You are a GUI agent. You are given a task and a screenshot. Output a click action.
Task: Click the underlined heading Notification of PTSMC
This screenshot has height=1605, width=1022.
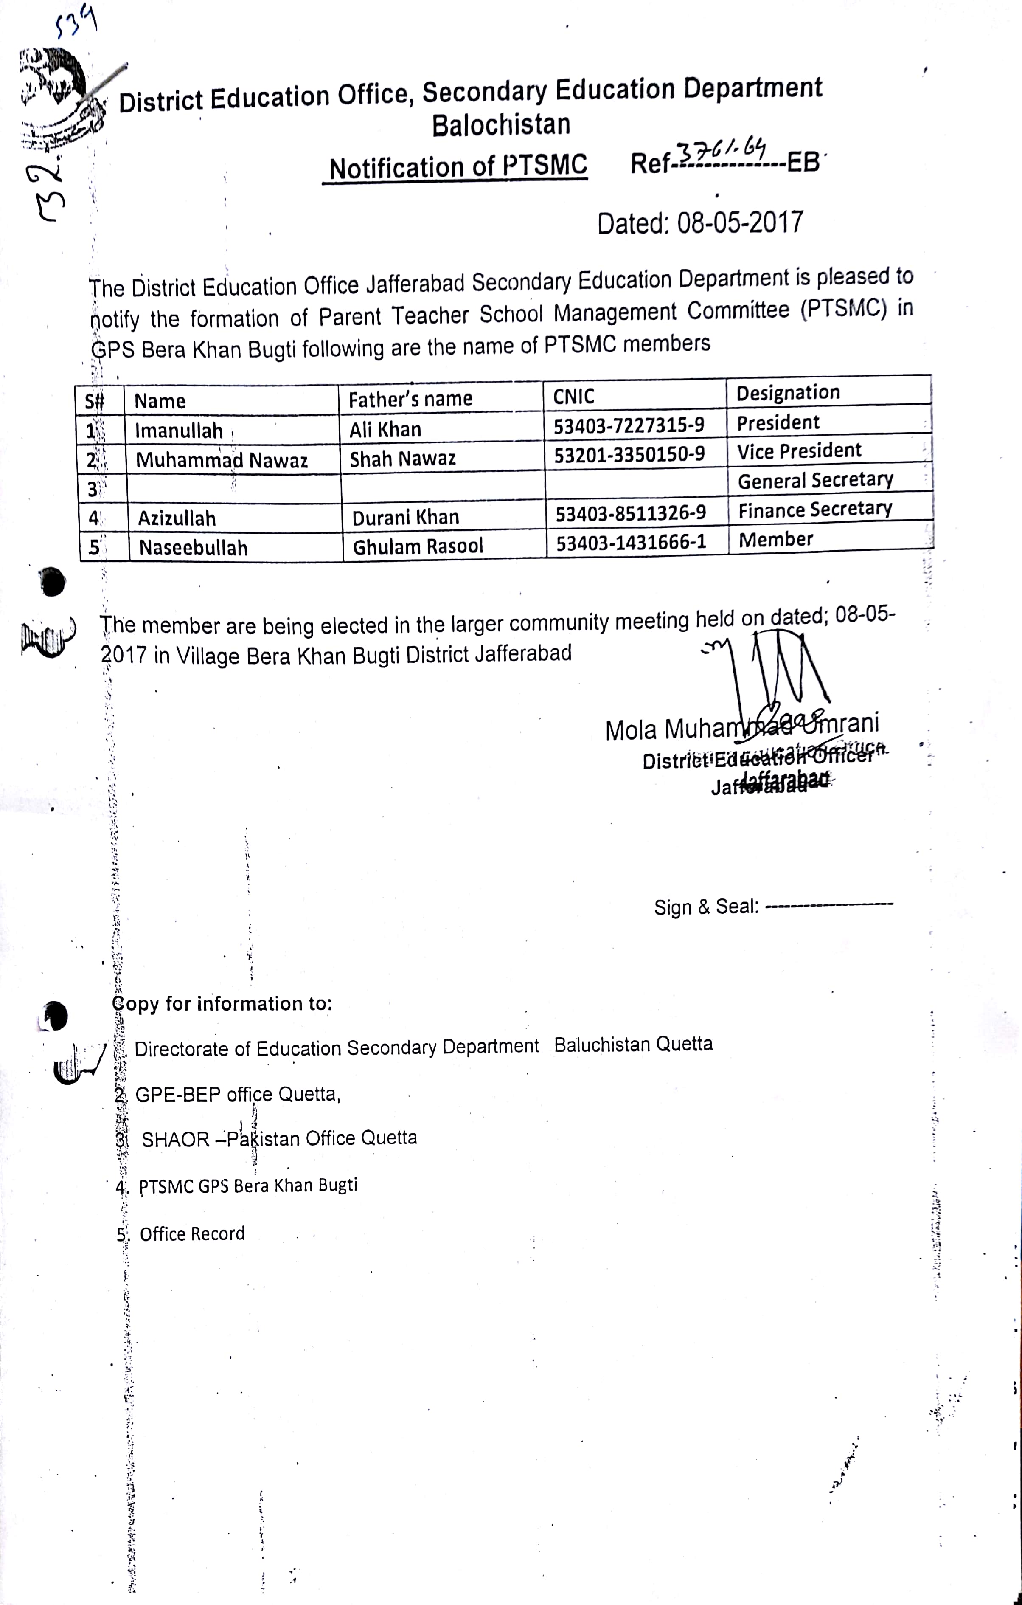458,166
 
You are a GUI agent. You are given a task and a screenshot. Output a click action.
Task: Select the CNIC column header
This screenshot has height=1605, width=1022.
574,397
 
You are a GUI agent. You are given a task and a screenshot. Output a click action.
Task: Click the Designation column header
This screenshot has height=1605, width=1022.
787,393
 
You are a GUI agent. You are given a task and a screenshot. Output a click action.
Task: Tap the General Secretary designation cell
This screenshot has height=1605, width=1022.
815,480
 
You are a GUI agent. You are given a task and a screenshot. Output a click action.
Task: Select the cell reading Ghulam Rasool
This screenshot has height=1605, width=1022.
418,546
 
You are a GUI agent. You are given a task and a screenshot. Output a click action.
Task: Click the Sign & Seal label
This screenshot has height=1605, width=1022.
706,907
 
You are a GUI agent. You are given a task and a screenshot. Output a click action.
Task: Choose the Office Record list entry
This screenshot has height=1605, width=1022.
192,1234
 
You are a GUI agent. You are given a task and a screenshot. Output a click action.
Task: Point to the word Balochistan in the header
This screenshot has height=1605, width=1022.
501,125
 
